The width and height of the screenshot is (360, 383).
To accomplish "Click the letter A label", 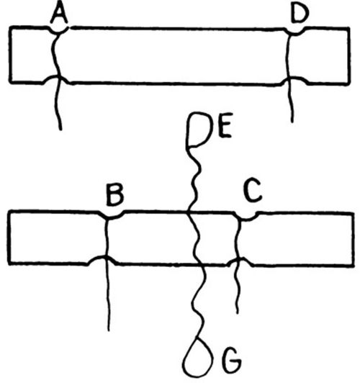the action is click(x=59, y=14).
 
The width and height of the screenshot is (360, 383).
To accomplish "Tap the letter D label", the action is click(x=300, y=14).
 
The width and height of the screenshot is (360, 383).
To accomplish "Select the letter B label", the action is click(x=114, y=196).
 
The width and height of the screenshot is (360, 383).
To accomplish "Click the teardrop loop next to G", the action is click(x=198, y=357).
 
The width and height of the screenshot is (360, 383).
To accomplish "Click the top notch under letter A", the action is click(x=58, y=31).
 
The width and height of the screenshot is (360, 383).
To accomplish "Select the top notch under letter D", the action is click(x=295, y=32).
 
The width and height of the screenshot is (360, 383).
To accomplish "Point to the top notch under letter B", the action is click(x=113, y=216).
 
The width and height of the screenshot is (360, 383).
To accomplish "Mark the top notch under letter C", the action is click(x=247, y=217).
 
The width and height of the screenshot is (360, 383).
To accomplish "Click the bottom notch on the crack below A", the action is click(x=57, y=78).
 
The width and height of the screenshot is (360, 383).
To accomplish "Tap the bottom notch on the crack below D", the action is click(x=294, y=79).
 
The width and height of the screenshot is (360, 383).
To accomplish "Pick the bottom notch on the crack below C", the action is click(x=240, y=260).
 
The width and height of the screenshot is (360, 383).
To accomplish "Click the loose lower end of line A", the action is click(x=60, y=130).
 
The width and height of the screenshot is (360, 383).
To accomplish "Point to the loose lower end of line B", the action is click(x=109, y=330).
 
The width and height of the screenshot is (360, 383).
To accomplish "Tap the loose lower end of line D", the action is click(x=292, y=122).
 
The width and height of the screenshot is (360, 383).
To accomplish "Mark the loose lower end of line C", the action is click(x=237, y=312).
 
